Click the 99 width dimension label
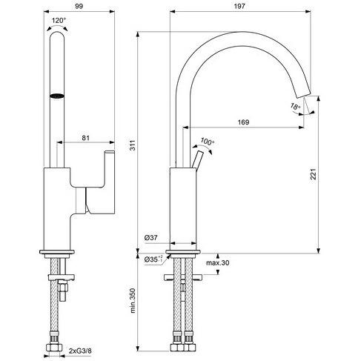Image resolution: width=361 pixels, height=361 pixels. [x=79, y=7]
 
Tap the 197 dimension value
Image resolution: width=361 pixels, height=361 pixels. [x=239, y=7]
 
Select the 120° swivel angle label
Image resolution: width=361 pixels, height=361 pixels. [x=59, y=20]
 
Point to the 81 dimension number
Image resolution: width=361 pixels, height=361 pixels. [x=85, y=138]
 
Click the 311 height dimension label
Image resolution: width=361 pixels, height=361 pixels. [x=133, y=145]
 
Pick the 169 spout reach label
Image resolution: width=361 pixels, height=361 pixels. [x=243, y=122]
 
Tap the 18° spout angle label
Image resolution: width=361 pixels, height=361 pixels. [x=295, y=107]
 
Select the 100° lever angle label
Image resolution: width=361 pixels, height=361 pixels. [x=207, y=142]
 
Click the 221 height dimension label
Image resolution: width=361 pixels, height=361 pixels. [x=314, y=174]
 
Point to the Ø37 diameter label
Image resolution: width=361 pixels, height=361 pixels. [x=150, y=238]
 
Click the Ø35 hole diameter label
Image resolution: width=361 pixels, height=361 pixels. [x=153, y=259]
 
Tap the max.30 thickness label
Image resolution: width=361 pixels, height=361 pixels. [x=217, y=262]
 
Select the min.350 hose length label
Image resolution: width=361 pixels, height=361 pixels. [x=133, y=300]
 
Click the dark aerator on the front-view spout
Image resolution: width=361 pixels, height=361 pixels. [x=57, y=96]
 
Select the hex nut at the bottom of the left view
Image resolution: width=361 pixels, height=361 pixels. [x=54, y=347]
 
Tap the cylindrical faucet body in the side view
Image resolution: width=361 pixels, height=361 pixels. [x=183, y=209]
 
